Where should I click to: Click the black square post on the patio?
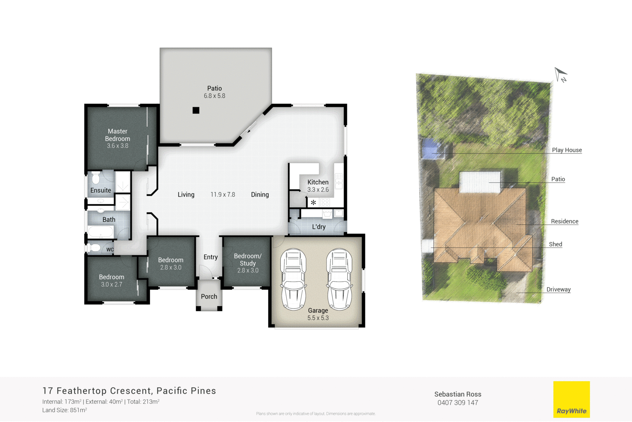click(196, 110)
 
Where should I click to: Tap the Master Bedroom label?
click(117, 135)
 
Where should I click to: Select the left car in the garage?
click(293, 279)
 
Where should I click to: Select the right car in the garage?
click(339, 279)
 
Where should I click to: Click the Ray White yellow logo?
click(571, 399)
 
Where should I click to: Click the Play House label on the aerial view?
click(566, 150)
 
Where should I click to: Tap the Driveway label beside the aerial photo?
click(558, 290)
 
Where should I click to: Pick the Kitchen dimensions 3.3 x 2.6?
click(318, 190)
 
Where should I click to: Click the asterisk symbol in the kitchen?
click(313, 202)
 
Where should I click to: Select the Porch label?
click(209, 297)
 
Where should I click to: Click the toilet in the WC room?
click(95, 248)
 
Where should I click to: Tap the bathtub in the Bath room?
click(101, 232)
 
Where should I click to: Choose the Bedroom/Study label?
click(248, 259)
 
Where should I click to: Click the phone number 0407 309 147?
click(457, 403)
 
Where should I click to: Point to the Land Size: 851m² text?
click(64, 410)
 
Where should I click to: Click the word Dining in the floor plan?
click(260, 195)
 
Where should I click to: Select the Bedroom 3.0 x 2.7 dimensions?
click(111, 284)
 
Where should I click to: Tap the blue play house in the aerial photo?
click(431, 148)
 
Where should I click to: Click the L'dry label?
click(319, 227)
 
